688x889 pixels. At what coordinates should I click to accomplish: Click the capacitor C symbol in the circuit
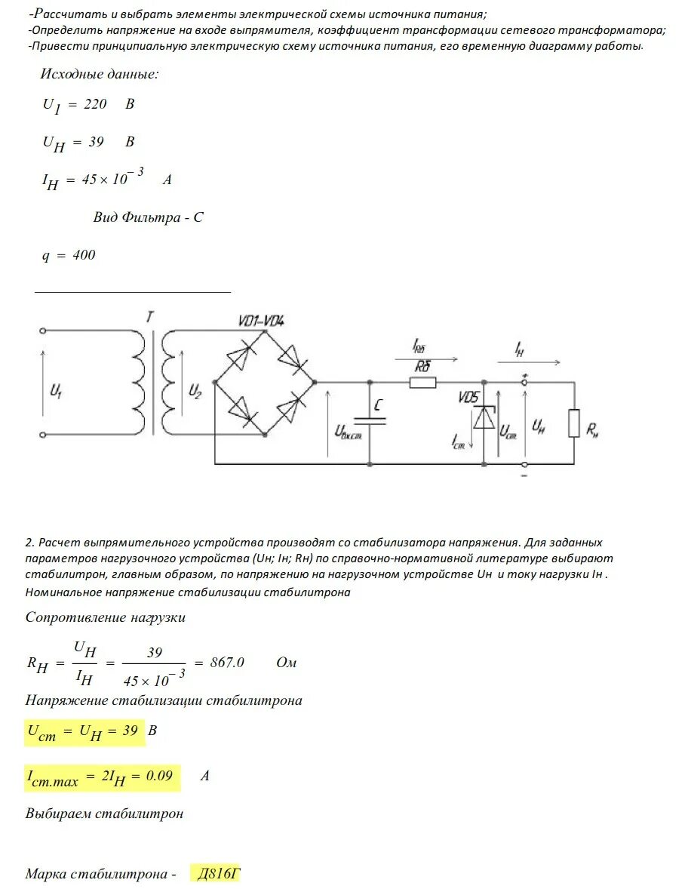370,423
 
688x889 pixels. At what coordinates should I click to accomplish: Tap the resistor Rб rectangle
422,383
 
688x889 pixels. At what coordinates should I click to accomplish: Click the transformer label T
150,318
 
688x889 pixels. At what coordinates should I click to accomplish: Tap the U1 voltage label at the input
56,391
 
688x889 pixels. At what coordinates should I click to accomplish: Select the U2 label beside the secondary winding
195,391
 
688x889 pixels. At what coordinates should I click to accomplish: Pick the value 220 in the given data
95,104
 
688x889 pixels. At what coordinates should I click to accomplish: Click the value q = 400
69,255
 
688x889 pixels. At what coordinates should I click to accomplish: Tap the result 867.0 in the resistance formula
229,662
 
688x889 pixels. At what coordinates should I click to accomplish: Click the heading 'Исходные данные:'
100,74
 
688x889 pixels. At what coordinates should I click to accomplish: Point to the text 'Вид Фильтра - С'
149,217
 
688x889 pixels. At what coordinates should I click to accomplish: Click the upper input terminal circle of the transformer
43,331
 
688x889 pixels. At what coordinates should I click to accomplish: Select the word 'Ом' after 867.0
287,663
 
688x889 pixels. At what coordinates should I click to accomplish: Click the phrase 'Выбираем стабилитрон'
105,814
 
